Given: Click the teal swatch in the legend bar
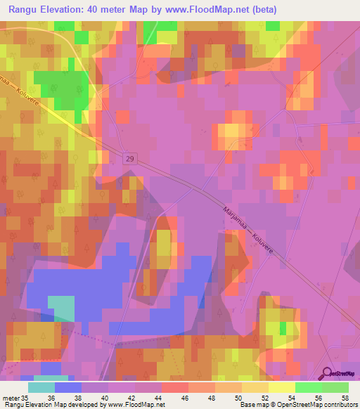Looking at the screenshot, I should [41, 387].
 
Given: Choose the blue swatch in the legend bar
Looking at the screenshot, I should [68, 387].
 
